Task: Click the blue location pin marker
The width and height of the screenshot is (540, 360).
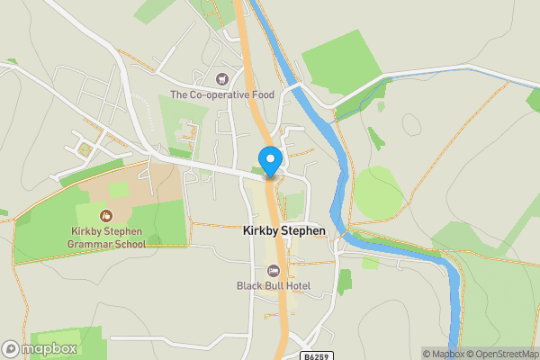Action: pyautogui.click(x=269, y=159)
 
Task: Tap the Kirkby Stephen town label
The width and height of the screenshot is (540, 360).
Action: pyautogui.click(x=283, y=230)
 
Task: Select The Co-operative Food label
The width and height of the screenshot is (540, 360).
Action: pyautogui.click(x=220, y=94)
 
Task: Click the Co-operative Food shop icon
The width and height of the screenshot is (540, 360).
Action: pyautogui.click(x=222, y=79)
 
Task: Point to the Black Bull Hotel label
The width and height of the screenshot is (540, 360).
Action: pyautogui.click(x=274, y=286)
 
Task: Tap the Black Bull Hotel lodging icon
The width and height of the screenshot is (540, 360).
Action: pyautogui.click(x=274, y=271)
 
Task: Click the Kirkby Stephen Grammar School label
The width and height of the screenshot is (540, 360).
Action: pyautogui.click(x=106, y=237)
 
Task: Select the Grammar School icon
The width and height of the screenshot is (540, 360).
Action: pyautogui.click(x=106, y=216)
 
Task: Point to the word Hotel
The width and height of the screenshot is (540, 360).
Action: pyautogui.click(x=296, y=286)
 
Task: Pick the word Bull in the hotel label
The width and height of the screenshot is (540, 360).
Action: pyautogui.click(x=273, y=286)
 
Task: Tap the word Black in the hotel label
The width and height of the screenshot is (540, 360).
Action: pyautogui.click(x=249, y=286)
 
